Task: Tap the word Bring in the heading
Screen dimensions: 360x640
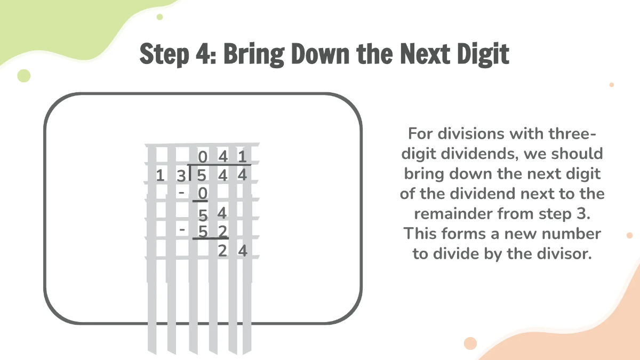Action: [254, 54]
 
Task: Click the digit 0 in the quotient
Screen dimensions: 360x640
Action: [203, 157]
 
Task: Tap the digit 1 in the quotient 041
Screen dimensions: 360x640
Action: [243, 157]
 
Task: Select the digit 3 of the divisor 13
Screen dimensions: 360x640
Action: [182, 175]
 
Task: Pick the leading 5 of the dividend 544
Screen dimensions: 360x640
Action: [201, 175]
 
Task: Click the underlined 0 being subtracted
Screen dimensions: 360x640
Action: [201, 193]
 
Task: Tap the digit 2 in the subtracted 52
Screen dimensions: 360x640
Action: [222, 231]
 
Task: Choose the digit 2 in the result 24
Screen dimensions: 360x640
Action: [222, 251]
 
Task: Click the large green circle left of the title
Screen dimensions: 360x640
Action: [24, 76]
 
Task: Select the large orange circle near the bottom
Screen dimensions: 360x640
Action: [470, 343]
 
